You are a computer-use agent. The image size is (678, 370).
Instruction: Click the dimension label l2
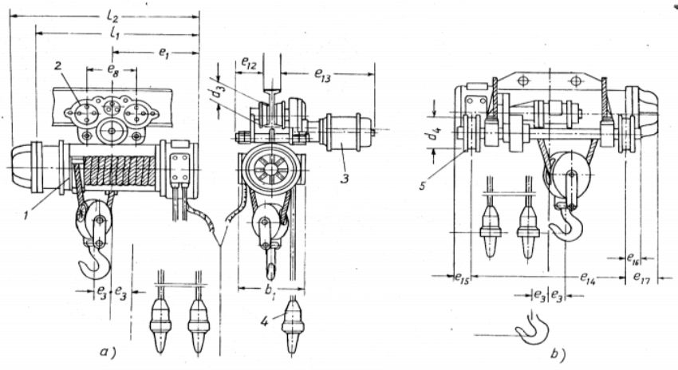112,18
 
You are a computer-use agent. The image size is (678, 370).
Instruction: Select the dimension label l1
115,33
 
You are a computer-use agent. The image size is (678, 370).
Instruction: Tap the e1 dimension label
164,53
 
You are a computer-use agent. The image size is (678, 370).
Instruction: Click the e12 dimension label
249,64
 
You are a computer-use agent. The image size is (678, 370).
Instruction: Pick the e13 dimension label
323,74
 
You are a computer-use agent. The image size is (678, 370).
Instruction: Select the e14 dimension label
588,278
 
